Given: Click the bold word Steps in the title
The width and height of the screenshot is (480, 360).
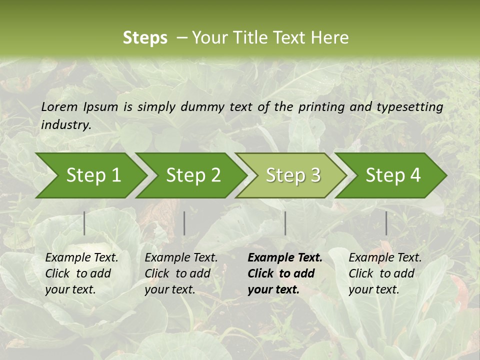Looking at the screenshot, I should [x=145, y=38].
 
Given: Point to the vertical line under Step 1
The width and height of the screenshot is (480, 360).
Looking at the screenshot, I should [x=84, y=223].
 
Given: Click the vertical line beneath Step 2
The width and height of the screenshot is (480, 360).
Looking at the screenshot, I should [x=184, y=223].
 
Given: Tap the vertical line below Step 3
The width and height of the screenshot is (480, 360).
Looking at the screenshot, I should [x=285, y=223].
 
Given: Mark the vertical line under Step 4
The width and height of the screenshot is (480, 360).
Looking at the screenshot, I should [x=386, y=223].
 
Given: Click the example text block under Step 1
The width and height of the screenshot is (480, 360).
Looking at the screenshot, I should [x=81, y=273].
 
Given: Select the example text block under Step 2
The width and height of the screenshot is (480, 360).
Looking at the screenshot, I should [x=181, y=273].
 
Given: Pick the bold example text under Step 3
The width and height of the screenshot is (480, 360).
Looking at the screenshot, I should [x=285, y=273].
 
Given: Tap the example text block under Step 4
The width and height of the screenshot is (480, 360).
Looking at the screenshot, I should [x=385, y=273].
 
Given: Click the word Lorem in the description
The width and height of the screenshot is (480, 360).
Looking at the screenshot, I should [x=59, y=107].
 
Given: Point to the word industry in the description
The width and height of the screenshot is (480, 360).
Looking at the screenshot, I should [x=65, y=125].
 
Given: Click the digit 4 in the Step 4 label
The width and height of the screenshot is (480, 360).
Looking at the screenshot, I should [x=415, y=175].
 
